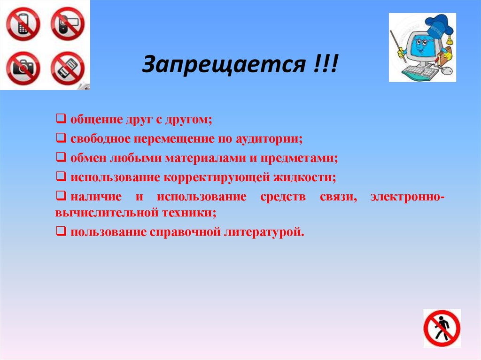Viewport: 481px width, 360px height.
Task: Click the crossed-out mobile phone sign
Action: click(22, 23)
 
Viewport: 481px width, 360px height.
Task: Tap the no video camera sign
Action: click(67, 23)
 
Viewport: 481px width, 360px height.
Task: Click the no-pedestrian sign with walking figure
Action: click(441, 328)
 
